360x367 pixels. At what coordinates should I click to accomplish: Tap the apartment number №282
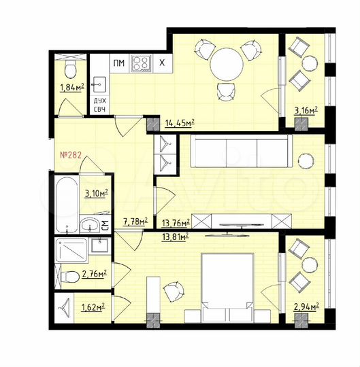pyautogui.click(x=71, y=156)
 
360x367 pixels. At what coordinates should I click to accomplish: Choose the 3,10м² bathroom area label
pyautogui.click(x=96, y=194)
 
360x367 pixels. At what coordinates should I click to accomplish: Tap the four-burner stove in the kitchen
pyautogui.click(x=142, y=63)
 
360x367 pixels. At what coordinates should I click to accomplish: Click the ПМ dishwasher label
pyautogui.click(x=119, y=63)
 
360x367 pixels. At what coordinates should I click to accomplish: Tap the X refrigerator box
pyautogui.click(x=161, y=63)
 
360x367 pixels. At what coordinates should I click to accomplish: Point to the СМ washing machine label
pyautogui.click(x=105, y=225)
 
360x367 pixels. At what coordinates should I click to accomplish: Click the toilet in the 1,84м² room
pyautogui.click(x=69, y=69)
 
